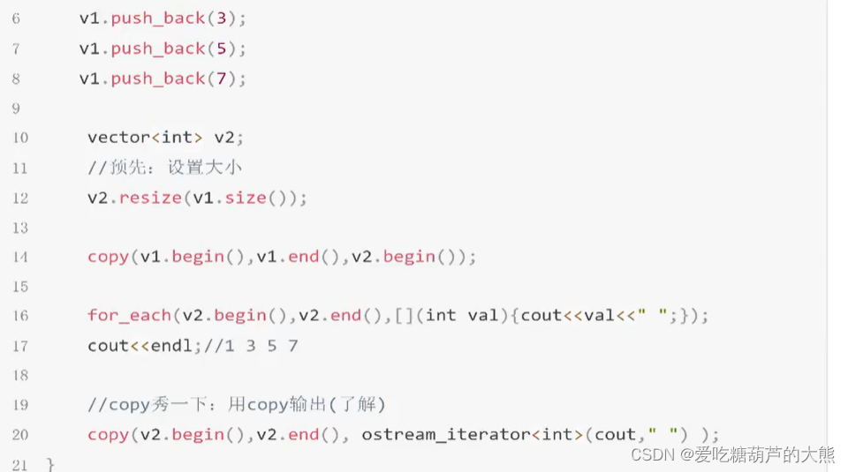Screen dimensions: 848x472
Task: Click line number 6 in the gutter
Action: pos(16,18)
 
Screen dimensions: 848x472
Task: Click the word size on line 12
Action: pos(245,198)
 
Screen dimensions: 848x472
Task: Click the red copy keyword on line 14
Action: pos(108,257)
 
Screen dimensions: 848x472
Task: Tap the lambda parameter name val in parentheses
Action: pos(483,315)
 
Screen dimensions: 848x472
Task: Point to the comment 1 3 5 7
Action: pos(252,345)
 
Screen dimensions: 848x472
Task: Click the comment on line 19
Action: pos(237,405)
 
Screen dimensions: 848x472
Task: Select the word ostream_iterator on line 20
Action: pos(432,434)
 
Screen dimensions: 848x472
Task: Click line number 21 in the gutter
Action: pos(19,464)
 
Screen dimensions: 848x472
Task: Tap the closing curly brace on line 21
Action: pos(50,464)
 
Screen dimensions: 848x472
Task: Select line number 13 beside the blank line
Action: pos(19,228)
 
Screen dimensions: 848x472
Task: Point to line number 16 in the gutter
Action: pos(19,316)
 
